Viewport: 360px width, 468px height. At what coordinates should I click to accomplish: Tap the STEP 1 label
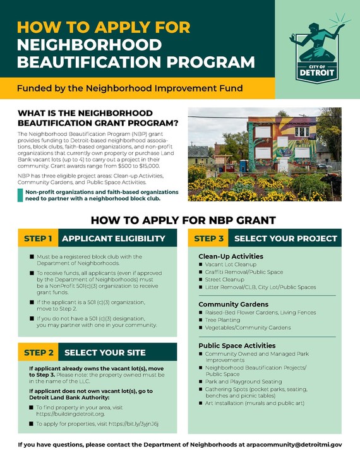(38, 238)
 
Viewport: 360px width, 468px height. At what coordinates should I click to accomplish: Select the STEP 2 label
(38, 352)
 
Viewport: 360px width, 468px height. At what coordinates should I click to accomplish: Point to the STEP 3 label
(208, 238)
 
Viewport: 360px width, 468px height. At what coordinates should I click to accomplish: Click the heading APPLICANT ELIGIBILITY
(114, 238)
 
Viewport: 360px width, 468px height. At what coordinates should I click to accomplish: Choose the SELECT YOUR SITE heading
(105, 352)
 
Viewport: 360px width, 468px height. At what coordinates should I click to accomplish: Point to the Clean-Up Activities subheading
(231, 256)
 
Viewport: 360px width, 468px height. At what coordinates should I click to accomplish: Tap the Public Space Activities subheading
(237, 345)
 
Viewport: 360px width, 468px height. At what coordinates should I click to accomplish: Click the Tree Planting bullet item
(225, 320)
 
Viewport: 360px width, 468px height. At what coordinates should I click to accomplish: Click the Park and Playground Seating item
(243, 381)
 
